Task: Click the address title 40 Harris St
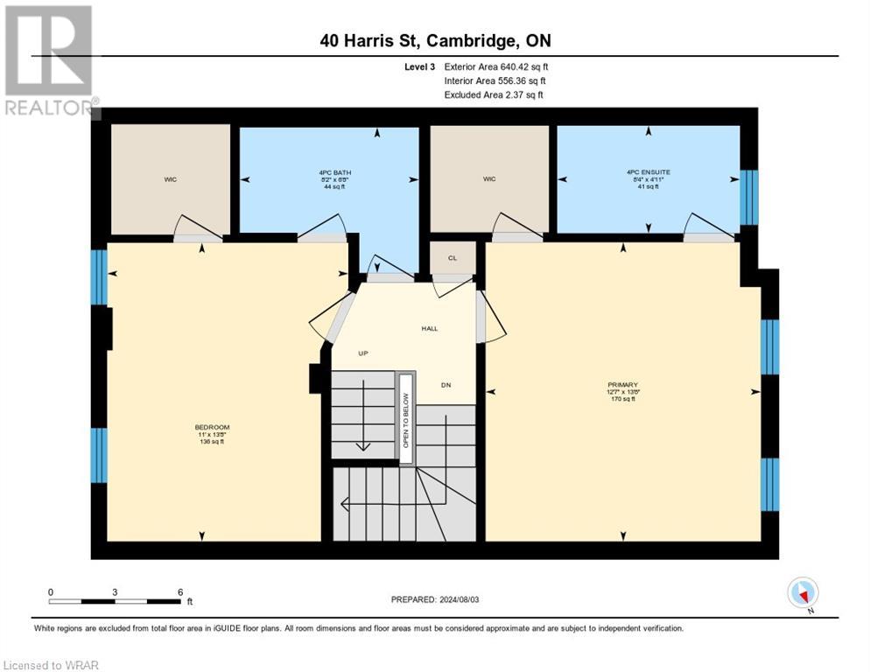coord(434,40)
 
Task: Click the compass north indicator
coord(803,593)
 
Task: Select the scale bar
coord(116,601)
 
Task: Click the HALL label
coord(429,328)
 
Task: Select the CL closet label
coord(453,258)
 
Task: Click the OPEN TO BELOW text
coord(406,412)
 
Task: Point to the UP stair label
coord(361,353)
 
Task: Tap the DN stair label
coord(446,385)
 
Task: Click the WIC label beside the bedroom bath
coord(170,179)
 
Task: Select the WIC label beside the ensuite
coord(489,179)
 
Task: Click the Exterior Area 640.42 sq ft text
coord(496,66)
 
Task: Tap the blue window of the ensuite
coord(748,197)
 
